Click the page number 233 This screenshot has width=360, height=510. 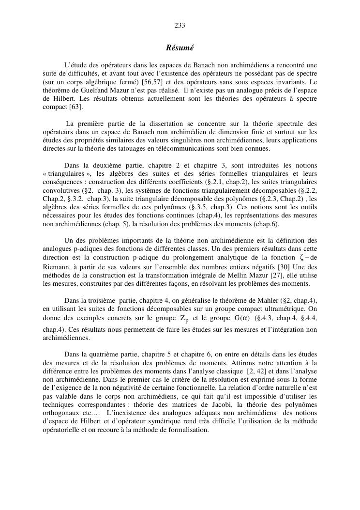[180, 25]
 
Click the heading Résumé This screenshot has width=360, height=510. [180, 48]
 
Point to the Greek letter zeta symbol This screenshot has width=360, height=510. [301, 257]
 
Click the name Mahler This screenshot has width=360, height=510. [284, 300]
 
